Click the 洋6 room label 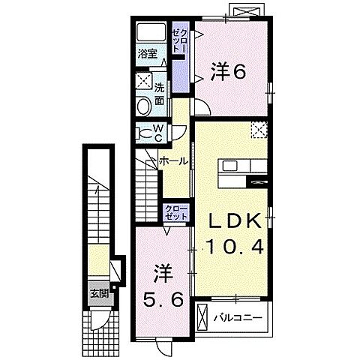pyautogui.click(x=229, y=73)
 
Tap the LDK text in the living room pyautogui.click(x=234, y=220)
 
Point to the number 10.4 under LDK pyautogui.click(x=235, y=245)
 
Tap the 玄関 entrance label pyautogui.click(x=99, y=293)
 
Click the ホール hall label pyautogui.click(x=173, y=161)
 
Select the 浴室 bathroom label pyautogui.click(x=147, y=54)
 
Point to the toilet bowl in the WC pyautogui.click(x=144, y=133)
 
